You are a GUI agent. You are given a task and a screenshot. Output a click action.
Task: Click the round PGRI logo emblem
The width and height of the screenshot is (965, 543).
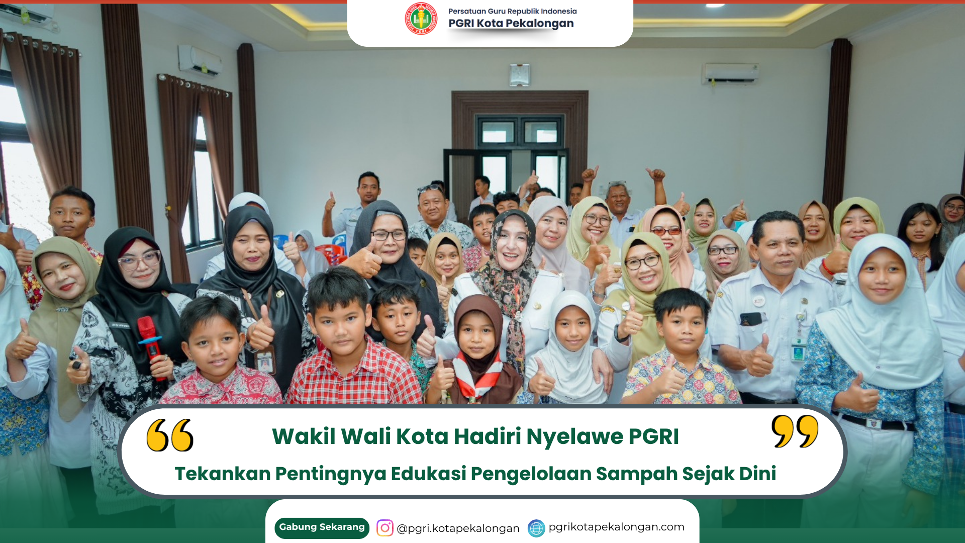421,19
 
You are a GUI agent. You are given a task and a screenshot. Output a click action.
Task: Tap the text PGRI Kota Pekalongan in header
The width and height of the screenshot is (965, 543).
511,24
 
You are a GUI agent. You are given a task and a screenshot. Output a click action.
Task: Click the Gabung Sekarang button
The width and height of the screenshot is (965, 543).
322,527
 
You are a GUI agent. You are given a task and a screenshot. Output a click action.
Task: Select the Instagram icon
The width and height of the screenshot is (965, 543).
385,528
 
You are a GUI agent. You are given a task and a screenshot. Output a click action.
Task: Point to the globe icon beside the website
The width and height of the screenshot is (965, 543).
536,528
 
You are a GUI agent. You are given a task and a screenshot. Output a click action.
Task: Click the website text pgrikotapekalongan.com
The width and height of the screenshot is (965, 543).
616,527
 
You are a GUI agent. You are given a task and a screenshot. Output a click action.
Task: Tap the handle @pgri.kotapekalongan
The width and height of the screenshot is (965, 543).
458,528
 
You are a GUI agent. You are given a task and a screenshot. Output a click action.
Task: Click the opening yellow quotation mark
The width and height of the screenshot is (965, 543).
170,435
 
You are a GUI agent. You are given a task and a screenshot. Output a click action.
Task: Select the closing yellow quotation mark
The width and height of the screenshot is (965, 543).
795,431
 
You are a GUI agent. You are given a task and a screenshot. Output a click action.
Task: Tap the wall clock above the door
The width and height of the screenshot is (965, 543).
520,75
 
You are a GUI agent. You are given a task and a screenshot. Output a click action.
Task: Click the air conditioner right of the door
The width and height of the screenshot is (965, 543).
730,73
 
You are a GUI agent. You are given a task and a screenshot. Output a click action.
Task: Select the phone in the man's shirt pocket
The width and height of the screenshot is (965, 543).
751,319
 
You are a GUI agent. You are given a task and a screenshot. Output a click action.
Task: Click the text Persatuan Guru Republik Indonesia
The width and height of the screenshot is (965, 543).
513,11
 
